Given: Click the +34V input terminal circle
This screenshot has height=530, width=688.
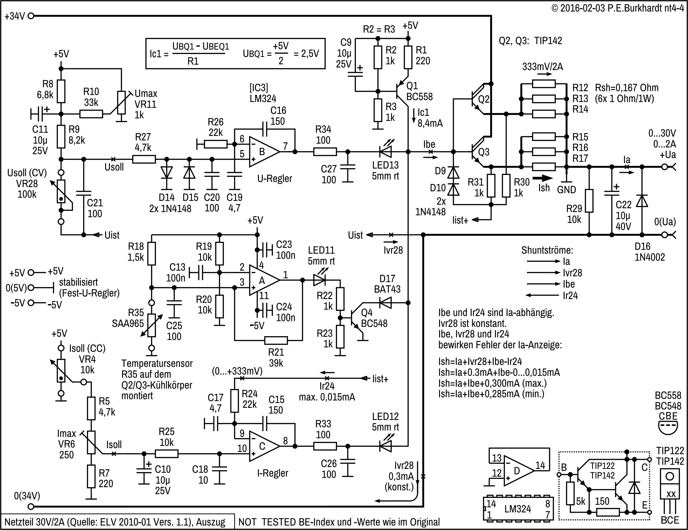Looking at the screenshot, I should click(31, 16).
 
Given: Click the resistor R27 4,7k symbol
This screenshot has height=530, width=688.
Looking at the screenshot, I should click(144, 159).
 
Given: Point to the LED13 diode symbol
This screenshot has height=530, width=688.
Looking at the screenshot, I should click(385, 152).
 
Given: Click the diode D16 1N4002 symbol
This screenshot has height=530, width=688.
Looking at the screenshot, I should click(642, 201).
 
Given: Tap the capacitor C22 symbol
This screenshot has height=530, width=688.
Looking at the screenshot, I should click(612, 194).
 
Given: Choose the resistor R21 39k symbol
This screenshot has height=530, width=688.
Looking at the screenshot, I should click(276, 340).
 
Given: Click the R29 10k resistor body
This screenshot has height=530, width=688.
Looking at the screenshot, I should click(589, 201).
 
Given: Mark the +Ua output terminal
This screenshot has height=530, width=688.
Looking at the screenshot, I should click(665, 167).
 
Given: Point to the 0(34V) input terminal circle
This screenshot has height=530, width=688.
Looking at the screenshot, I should click(31, 507).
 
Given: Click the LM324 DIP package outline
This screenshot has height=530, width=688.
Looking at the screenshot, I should click(518, 508).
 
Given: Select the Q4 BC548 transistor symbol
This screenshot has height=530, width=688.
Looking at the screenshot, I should click(356, 318).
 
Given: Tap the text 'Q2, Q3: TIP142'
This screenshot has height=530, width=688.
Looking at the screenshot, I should click(530, 41).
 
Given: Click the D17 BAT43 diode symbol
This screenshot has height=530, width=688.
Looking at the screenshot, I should click(385, 303).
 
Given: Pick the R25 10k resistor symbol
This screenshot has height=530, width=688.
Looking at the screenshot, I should click(166, 454).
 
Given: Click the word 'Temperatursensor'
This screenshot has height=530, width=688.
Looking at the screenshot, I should click(157, 363).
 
